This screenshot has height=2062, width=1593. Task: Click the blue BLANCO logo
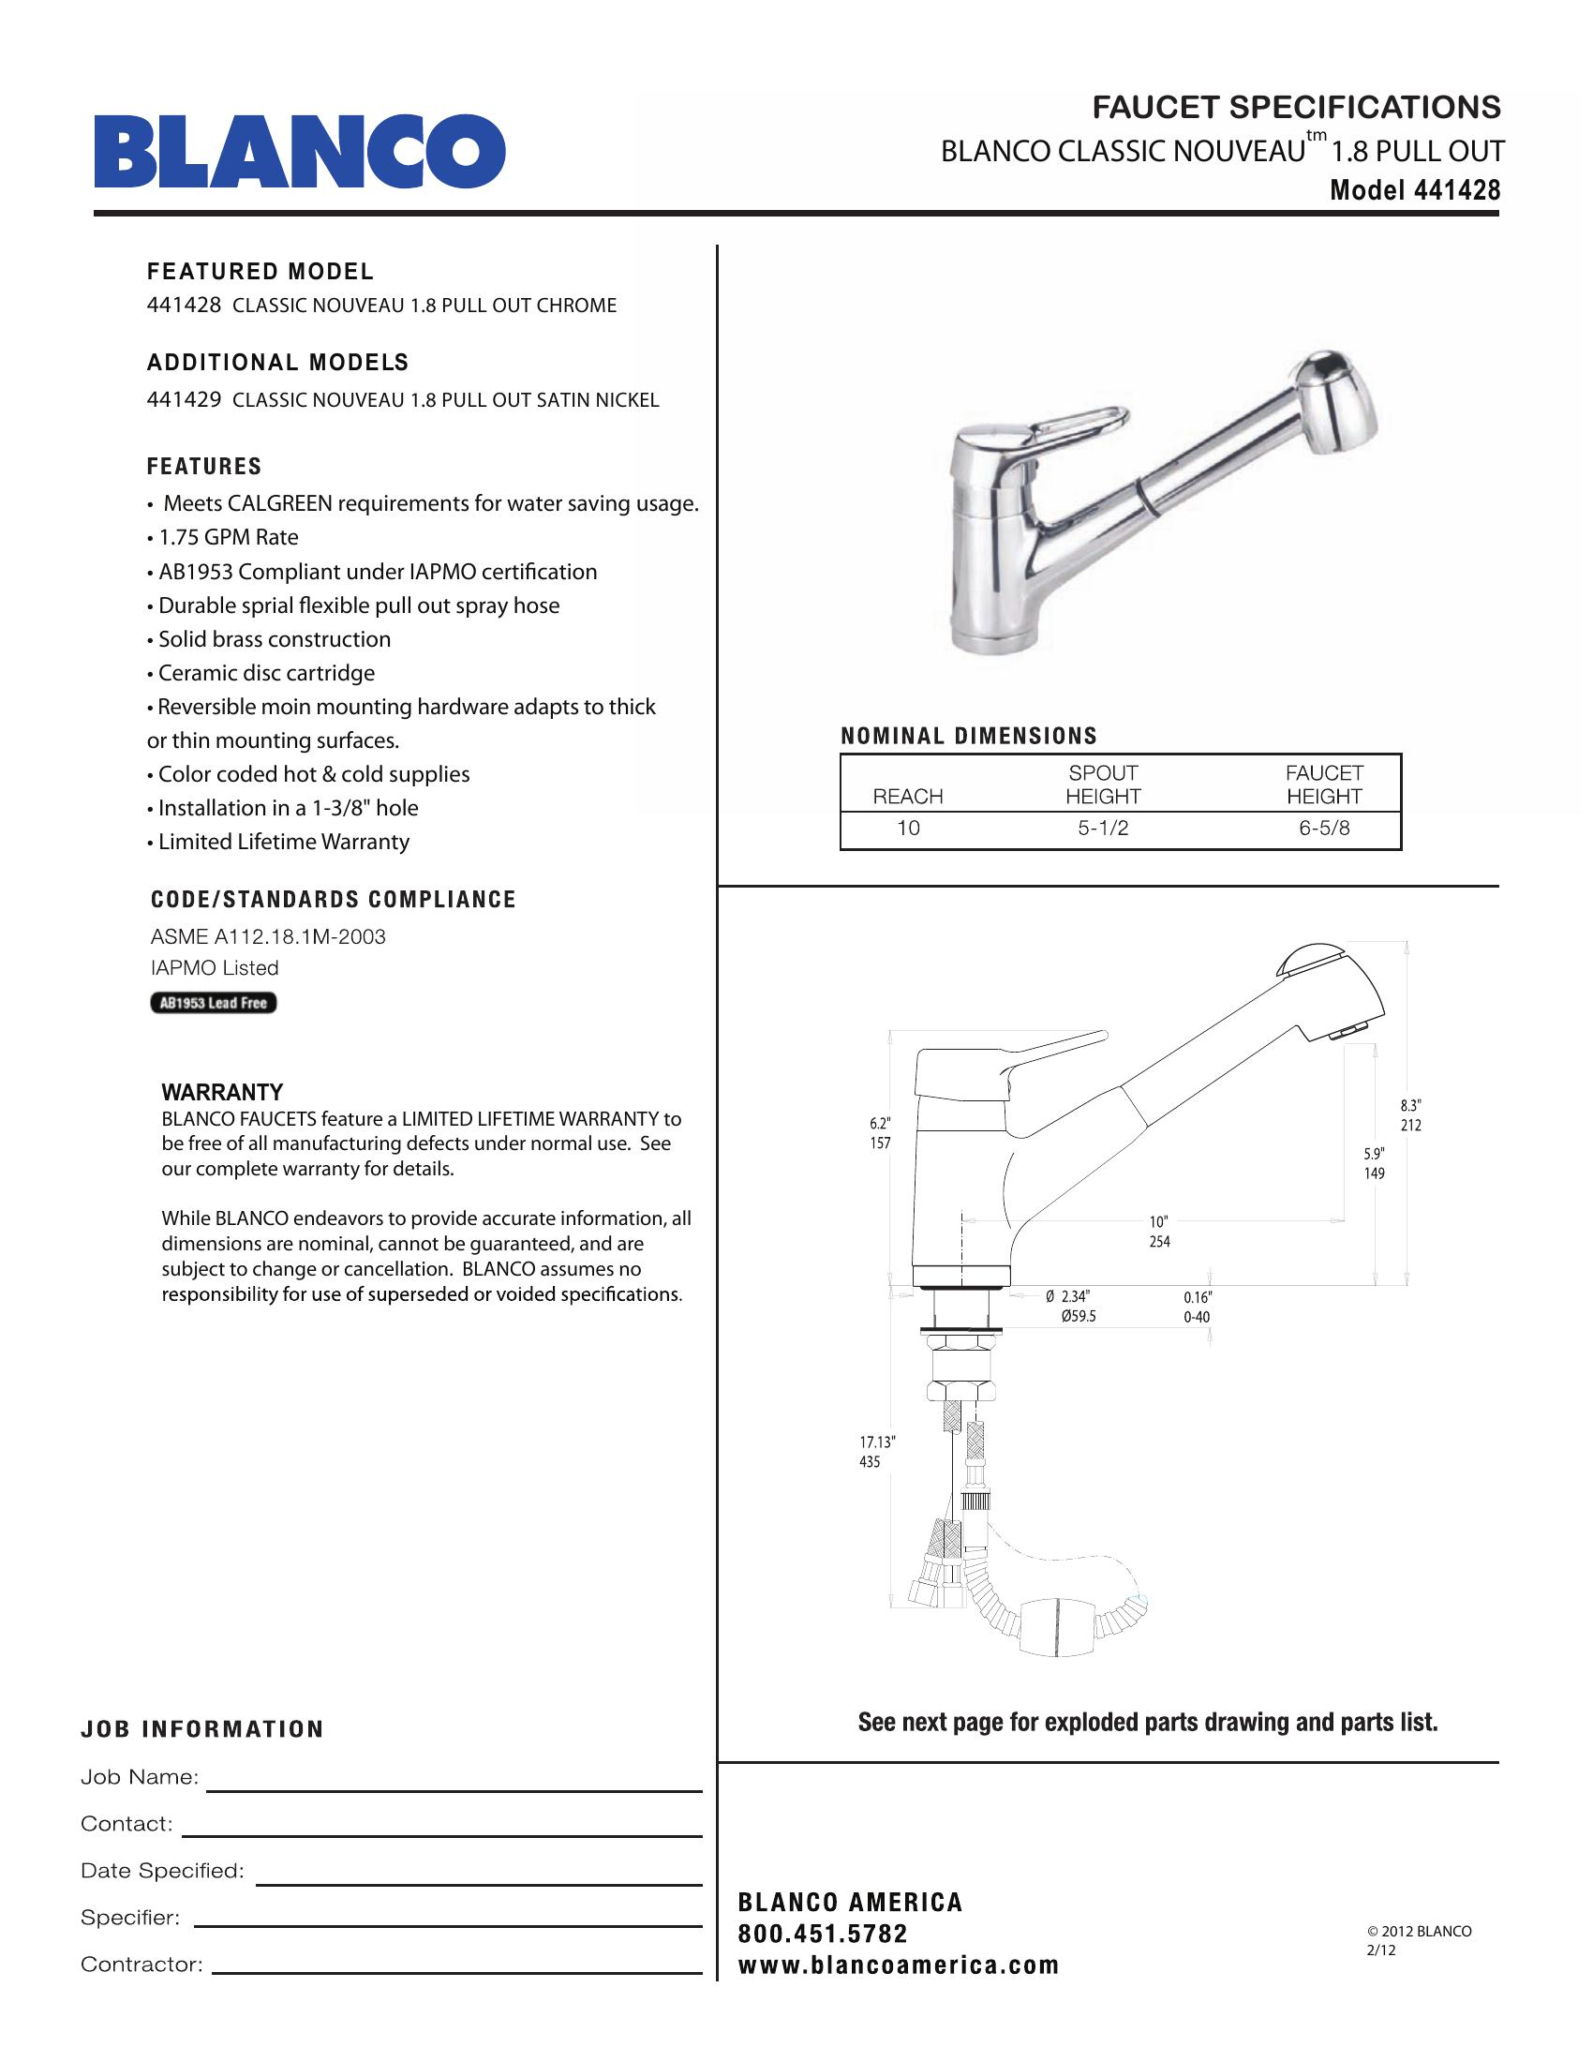point(298,151)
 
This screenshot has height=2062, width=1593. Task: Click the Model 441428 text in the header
point(1414,190)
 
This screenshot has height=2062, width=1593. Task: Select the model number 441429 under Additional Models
point(184,399)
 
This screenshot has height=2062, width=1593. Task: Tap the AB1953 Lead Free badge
point(214,1003)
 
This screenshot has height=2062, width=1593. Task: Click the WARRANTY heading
point(222,1092)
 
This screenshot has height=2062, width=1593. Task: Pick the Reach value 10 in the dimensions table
point(908,828)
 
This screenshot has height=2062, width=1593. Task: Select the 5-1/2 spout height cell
point(1102,828)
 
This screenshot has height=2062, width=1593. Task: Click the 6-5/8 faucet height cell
point(1323,828)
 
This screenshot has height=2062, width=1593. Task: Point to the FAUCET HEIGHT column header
point(1323,784)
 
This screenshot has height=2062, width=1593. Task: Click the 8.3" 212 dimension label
point(1410,1115)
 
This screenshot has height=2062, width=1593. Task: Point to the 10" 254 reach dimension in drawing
point(1159,1233)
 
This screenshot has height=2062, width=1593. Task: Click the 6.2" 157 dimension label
point(880,1133)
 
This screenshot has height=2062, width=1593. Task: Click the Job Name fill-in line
point(454,1790)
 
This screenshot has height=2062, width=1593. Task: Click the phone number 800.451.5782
point(822,1934)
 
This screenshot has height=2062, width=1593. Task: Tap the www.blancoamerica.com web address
point(899,1965)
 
